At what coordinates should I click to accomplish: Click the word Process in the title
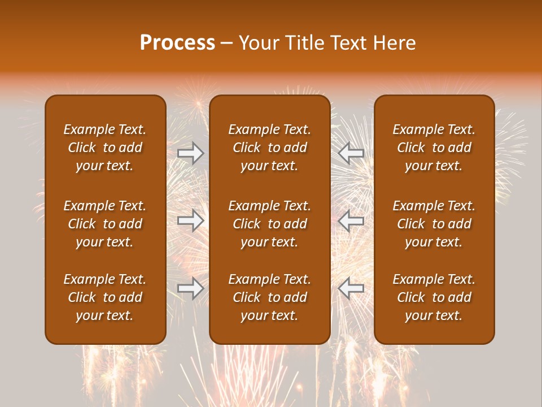point(177,43)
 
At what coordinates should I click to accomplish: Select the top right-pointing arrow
point(191,153)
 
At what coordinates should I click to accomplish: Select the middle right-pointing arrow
point(191,220)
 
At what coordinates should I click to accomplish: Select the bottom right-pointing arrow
point(191,288)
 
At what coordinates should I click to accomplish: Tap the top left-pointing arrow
point(351,153)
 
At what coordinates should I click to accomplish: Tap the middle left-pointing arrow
point(351,220)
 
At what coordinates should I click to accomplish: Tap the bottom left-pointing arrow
point(351,288)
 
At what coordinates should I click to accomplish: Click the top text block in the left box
point(105,148)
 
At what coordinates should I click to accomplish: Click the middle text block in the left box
point(105,224)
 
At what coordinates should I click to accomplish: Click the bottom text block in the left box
point(105,297)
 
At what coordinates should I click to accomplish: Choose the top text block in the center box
point(269,148)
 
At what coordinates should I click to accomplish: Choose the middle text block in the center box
point(269,224)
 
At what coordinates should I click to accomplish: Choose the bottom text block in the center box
point(269,297)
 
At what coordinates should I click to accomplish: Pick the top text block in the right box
point(434,148)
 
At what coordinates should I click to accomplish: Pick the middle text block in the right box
point(434,224)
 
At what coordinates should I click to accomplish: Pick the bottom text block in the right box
point(434,297)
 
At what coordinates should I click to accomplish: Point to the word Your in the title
point(257,43)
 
